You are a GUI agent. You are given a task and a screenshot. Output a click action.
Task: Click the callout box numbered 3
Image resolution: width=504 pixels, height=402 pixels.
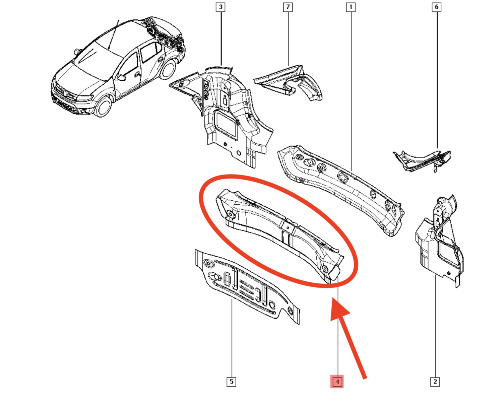(220, 7)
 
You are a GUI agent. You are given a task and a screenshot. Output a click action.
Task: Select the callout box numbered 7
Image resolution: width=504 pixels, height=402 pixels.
(288, 7)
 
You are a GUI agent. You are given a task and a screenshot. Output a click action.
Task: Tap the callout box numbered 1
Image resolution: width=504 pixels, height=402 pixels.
(351, 7)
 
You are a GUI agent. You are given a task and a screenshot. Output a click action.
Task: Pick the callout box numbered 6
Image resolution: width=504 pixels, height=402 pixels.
(437, 7)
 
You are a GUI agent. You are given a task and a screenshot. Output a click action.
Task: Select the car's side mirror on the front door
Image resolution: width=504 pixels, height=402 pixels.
(122, 77)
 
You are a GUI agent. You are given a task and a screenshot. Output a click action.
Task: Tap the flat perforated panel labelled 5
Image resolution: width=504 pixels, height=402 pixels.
(246, 287)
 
